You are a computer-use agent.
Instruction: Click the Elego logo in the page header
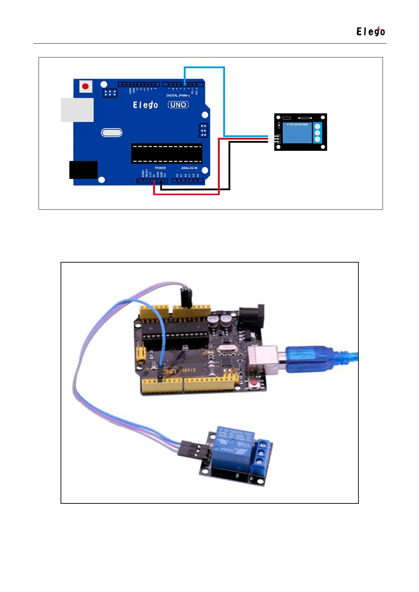coord(370,32)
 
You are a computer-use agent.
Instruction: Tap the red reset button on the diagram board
coord(85,86)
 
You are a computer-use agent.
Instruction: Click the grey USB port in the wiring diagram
coord(77,110)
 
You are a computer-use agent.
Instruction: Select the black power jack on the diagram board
coord(83,170)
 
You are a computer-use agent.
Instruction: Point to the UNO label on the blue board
coord(178,105)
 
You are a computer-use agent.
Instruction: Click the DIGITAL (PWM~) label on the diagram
coord(178,96)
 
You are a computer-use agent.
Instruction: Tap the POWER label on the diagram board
coord(160,168)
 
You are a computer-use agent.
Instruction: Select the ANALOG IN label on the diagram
coord(189,168)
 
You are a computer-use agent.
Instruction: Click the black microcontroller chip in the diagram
coord(167,154)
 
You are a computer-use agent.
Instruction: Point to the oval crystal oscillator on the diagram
coord(112,133)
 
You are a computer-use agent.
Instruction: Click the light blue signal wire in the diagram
coord(224,102)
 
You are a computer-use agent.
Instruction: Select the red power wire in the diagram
coord(219,165)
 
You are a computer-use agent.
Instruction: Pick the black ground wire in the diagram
coord(230,165)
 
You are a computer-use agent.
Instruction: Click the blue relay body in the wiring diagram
coord(297,133)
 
